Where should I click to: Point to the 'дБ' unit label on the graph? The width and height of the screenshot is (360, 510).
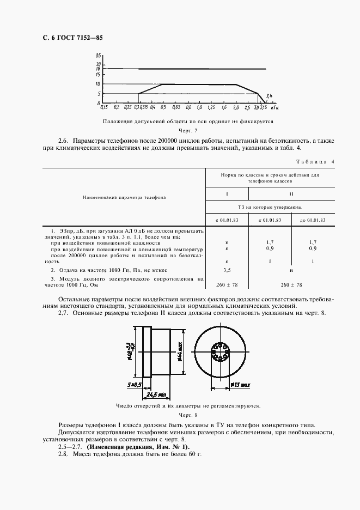click(98, 56)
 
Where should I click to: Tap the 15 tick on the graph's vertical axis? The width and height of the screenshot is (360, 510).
click(98, 74)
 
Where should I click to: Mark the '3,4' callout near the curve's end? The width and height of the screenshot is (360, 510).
click(269, 96)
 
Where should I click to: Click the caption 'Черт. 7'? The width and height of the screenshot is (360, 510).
click(188, 131)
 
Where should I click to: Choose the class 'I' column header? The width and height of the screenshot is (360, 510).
click(227, 193)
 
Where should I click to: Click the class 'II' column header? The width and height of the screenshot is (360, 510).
click(291, 193)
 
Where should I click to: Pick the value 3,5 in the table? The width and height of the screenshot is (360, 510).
click(227, 270)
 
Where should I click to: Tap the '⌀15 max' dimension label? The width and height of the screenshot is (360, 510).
click(239, 385)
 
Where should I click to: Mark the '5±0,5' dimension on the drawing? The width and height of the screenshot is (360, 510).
click(135, 385)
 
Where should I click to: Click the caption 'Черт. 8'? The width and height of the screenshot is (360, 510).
click(188, 415)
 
